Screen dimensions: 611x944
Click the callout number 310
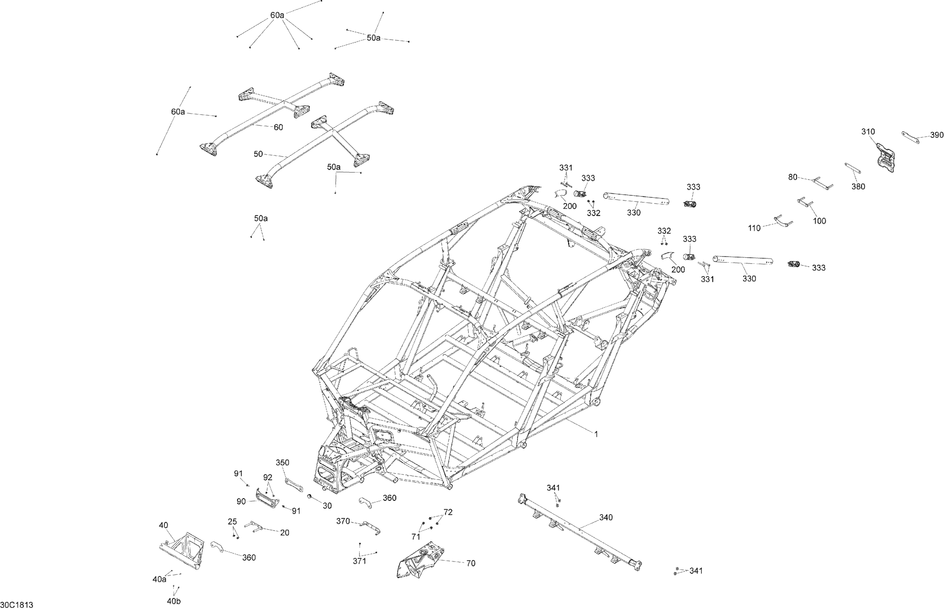(868, 132)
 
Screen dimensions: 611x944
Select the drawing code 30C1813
(17, 605)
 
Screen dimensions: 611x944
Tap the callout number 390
(936, 135)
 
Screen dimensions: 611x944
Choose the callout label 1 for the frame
(596, 435)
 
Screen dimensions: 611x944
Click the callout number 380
(858, 187)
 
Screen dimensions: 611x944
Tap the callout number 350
(282, 463)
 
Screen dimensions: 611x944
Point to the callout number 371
(359, 561)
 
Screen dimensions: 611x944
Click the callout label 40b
(174, 601)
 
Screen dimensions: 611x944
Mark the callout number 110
(754, 228)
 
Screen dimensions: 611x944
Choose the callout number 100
(819, 221)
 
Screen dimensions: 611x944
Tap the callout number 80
(792, 177)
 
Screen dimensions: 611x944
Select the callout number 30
(327, 506)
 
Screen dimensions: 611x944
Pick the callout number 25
(232, 522)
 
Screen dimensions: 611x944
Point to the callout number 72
(448, 512)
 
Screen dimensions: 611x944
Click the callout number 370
(343, 521)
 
